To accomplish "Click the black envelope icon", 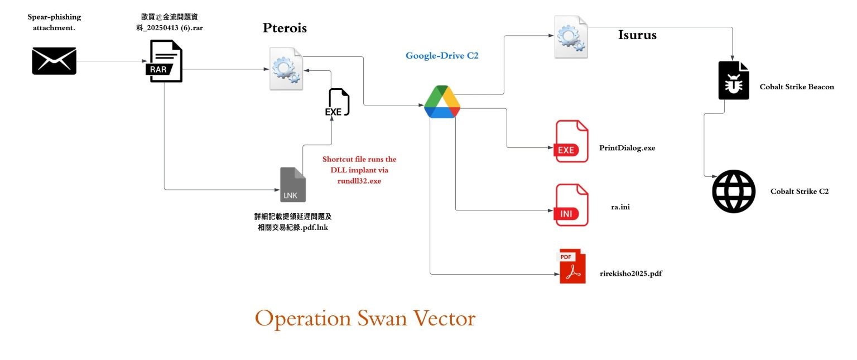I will pos(54,61).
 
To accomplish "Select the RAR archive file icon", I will pos(166,61).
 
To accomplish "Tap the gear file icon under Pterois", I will pos(286,69).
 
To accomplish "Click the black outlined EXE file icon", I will pos(338,102).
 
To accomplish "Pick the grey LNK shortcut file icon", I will pos(293,185).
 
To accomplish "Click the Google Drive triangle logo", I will pos(442,102).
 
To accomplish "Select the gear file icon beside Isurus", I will pos(571,37).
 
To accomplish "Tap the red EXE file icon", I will pos(572,142).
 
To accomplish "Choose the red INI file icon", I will pos(572,205).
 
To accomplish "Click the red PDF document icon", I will pos(572,267).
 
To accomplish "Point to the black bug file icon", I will pos(734,81).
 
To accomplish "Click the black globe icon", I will pos(734,191).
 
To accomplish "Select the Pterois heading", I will pos(285,28).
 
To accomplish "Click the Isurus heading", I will pos(637,35).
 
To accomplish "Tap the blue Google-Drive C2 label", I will pos(442,56).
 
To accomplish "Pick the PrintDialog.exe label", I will pos(627,148).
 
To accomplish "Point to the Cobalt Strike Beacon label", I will pos(797,87).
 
